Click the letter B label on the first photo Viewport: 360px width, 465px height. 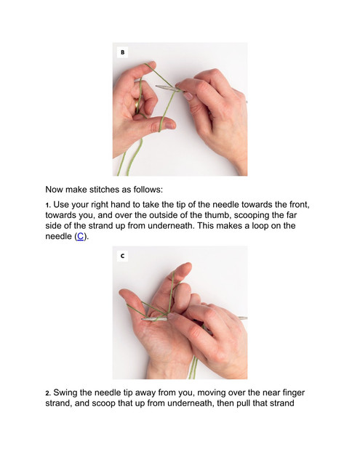click(x=123, y=52)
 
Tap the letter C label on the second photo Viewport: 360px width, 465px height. click(x=123, y=256)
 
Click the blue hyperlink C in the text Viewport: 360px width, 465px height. click(x=80, y=236)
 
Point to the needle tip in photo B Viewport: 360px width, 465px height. click(x=157, y=86)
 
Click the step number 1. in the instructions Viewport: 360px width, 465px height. click(x=49, y=205)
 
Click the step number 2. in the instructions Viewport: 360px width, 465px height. click(x=49, y=393)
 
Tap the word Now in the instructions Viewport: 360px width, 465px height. click(x=54, y=190)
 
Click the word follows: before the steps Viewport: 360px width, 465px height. click(x=148, y=190)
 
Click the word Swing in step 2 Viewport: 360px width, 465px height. click(x=65, y=393)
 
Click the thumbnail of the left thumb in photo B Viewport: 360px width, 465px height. click(x=170, y=125)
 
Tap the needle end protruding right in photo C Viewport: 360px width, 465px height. click(x=244, y=318)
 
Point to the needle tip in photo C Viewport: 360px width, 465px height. click(x=143, y=320)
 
